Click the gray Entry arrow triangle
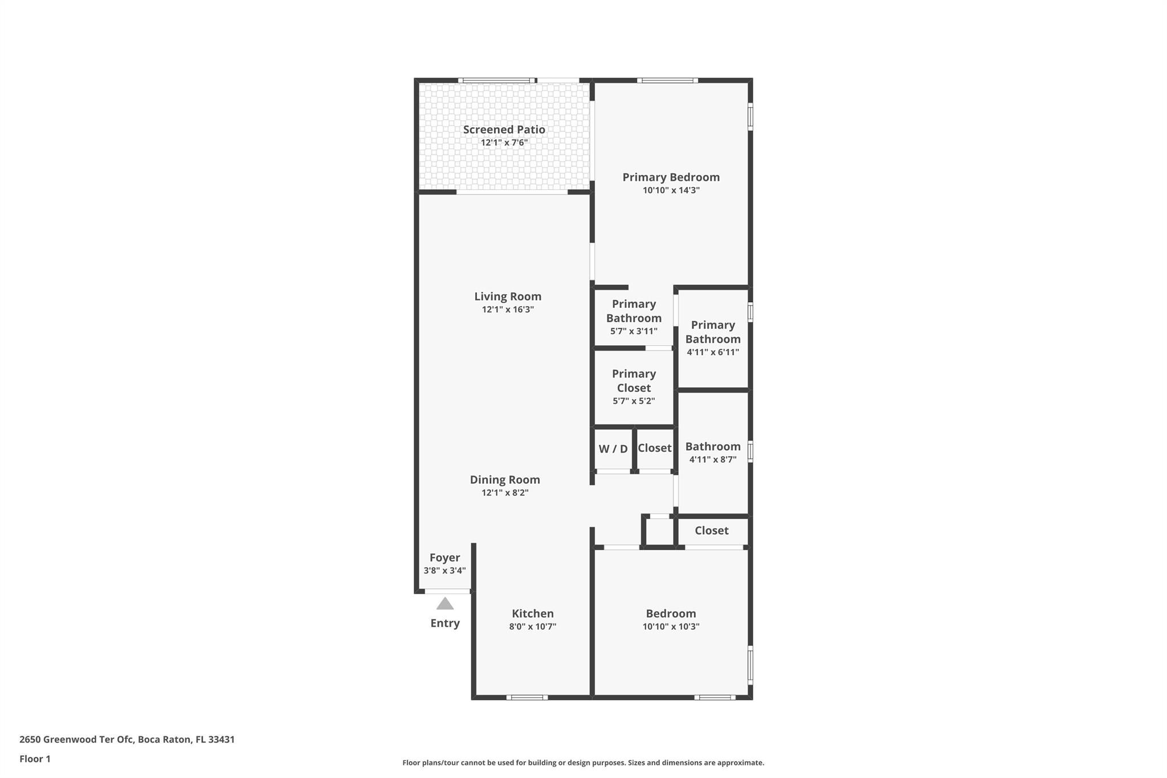pos(444,604)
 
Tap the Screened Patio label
pos(504,129)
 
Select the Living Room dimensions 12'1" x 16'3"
pos(507,309)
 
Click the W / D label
pos(613,449)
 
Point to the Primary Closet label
pos(634,381)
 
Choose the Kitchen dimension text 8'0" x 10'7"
pos(532,626)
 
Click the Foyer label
pos(444,557)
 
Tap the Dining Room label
pos(504,479)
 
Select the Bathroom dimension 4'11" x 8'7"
pos(712,459)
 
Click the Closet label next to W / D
pos(654,448)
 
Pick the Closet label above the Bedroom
pos(711,531)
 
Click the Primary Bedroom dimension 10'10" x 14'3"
pos(671,190)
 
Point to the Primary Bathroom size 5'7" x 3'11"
pos(634,331)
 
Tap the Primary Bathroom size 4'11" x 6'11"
pos(712,352)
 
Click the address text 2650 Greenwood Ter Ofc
pos(76,739)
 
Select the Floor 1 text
pos(35,759)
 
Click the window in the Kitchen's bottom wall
pos(527,697)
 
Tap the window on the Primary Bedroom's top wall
pos(667,80)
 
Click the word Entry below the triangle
pos(444,623)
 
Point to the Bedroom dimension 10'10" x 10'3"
pos(671,626)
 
